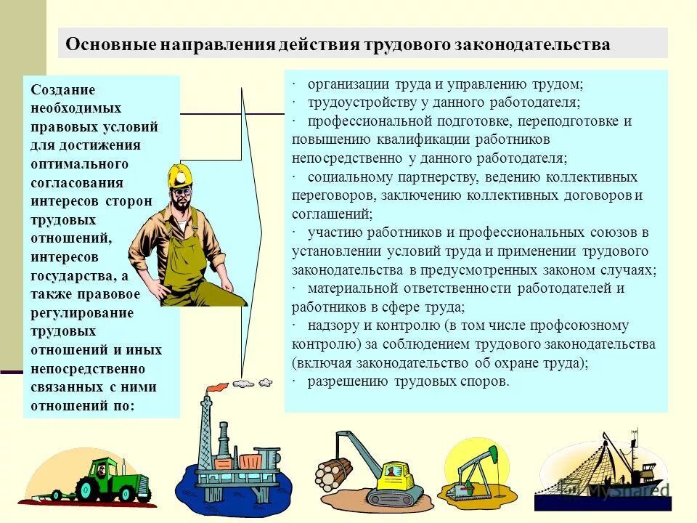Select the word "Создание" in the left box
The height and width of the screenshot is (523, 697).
click(63, 89)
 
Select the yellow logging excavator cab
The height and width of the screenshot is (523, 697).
click(396, 476)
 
